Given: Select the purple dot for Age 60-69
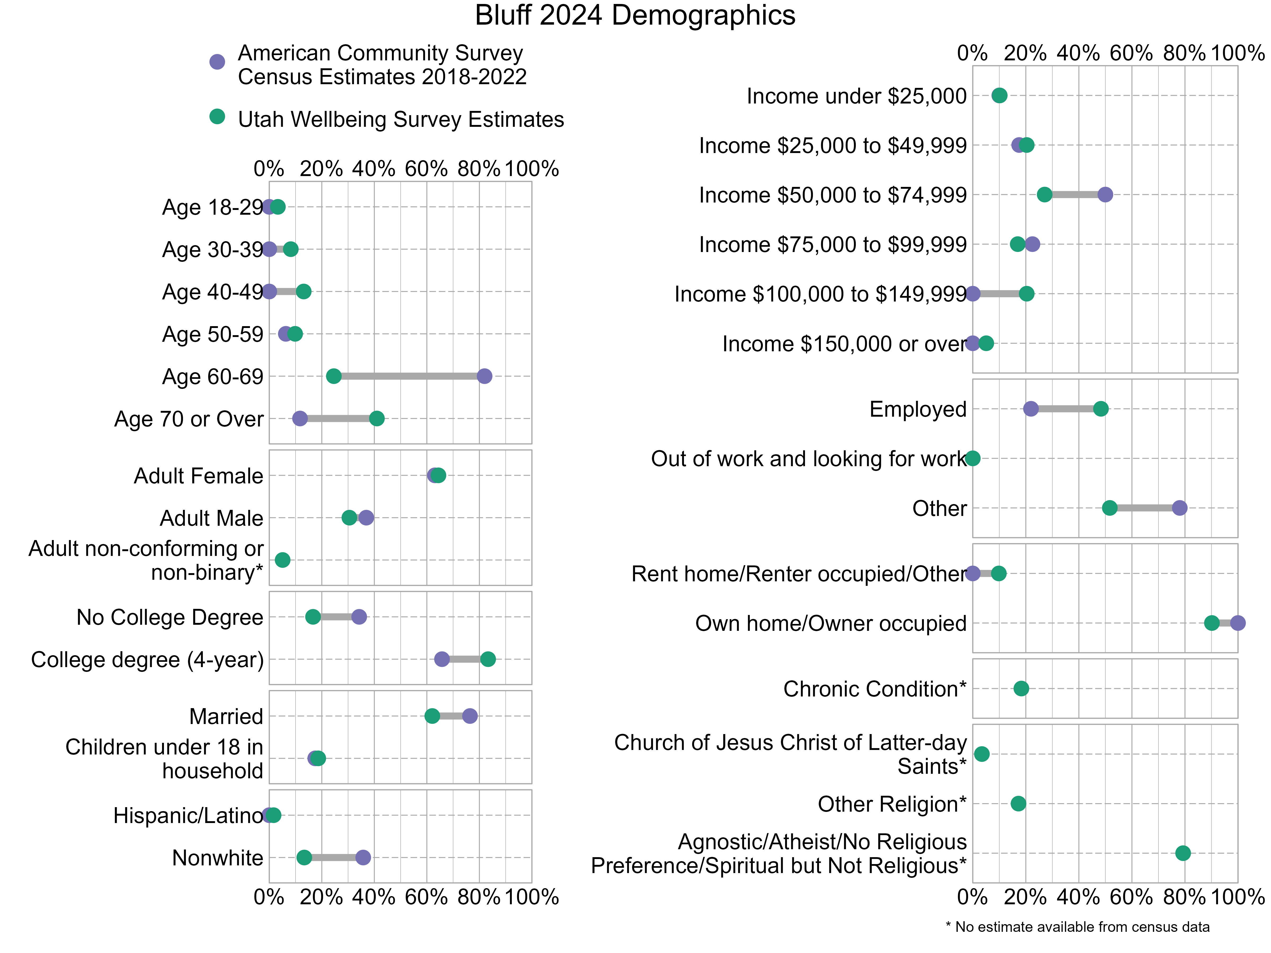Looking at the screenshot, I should coord(484,376).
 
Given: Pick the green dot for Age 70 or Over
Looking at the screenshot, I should coord(376,419).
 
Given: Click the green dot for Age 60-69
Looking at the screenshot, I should coord(333,376).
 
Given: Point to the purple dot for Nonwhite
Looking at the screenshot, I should coord(362,858).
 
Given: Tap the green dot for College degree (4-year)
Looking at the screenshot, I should coord(487,659).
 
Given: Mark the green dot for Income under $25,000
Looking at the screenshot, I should coord(999,95).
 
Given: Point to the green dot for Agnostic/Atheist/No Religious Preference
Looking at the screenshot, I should coord(1183,853).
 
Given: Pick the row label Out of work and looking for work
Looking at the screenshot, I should coord(808,459).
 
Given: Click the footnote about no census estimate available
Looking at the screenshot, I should coord(1077,927).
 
